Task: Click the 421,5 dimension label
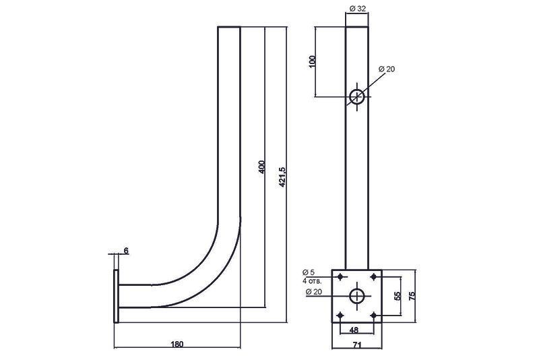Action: click(x=282, y=177)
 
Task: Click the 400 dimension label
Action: click(x=262, y=167)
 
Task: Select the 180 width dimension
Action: click(x=177, y=344)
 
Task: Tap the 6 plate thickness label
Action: click(x=126, y=251)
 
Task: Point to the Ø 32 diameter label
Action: click(x=358, y=9)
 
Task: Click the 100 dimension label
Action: click(x=312, y=61)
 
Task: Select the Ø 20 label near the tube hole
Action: click(x=387, y=69)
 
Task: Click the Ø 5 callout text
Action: click(x=309, y=272)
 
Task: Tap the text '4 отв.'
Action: click(x=312, y=281)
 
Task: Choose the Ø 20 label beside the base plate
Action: click(x=313, y=292)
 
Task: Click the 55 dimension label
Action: click(x=398, y=296)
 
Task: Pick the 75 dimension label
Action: click(x=412, y=296)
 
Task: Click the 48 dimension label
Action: click(x=354, y=330)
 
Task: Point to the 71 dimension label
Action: click(x=357, y=344)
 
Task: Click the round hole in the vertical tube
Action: click(x=357, y=96)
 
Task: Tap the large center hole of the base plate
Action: click(x=357, y=296)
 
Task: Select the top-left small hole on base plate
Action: click(x=341, y=277)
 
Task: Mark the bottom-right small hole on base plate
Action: click(x=374, y=315)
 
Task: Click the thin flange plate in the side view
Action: click(x=116, y=296)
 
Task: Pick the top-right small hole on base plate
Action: click(x=374, y=277)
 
